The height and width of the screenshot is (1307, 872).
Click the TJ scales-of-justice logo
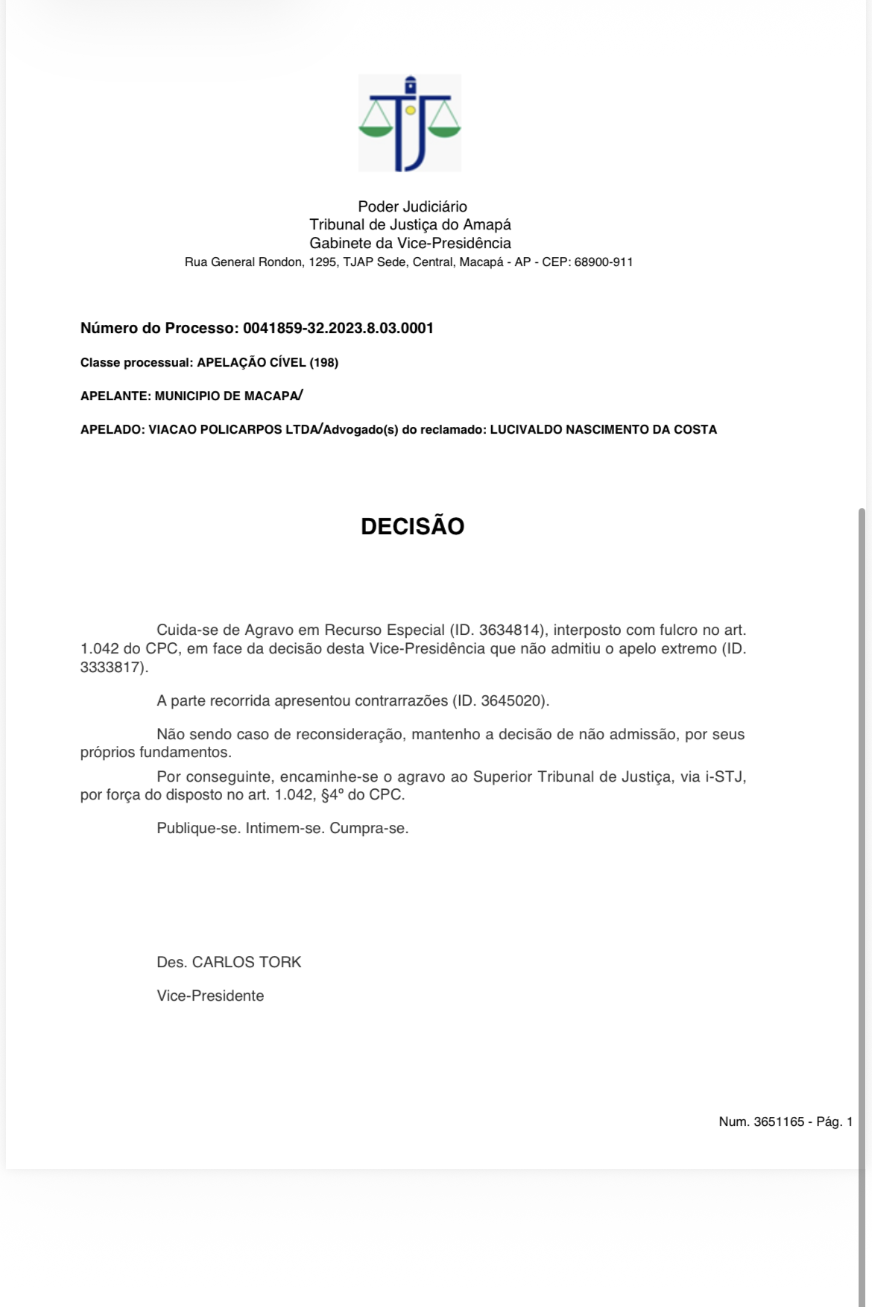409,123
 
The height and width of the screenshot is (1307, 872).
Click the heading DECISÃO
412,526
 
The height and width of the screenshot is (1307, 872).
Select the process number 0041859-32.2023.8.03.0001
338,328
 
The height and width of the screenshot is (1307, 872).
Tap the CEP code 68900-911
603,262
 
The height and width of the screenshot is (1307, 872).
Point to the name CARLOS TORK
247,962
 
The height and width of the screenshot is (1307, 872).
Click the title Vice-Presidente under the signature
210,996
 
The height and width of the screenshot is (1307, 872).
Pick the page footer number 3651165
779,1121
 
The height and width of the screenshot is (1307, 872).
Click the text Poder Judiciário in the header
412,206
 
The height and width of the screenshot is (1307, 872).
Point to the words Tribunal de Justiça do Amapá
410,224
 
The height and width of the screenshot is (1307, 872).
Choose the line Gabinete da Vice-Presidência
410,243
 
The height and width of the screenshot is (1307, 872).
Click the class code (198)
324,363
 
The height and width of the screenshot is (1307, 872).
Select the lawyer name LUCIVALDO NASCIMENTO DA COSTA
603,430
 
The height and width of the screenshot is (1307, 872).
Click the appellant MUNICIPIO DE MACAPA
226,396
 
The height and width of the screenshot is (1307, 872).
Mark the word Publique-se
198,828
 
